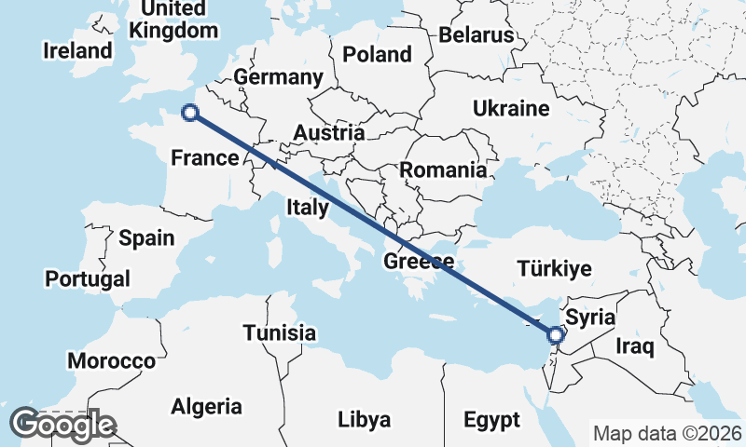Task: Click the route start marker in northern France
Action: (190, 113)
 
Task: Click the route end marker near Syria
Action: (556, 334)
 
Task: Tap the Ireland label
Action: (77, 50)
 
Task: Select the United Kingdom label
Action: (174, 20)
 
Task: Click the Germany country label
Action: (278, 76)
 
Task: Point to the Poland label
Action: (377, 54)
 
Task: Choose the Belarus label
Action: (477, 35)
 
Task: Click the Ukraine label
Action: (510, 108)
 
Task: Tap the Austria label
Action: (328, 133)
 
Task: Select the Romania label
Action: (443, 170)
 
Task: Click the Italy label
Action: (307, 207)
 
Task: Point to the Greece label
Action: (419, 262)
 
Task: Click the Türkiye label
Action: (554, 269)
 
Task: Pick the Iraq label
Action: (637, 347)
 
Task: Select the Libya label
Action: (364, 419)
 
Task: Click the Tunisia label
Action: (280, 332)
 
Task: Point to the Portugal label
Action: (88, 278)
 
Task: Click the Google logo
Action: (62, 425)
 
